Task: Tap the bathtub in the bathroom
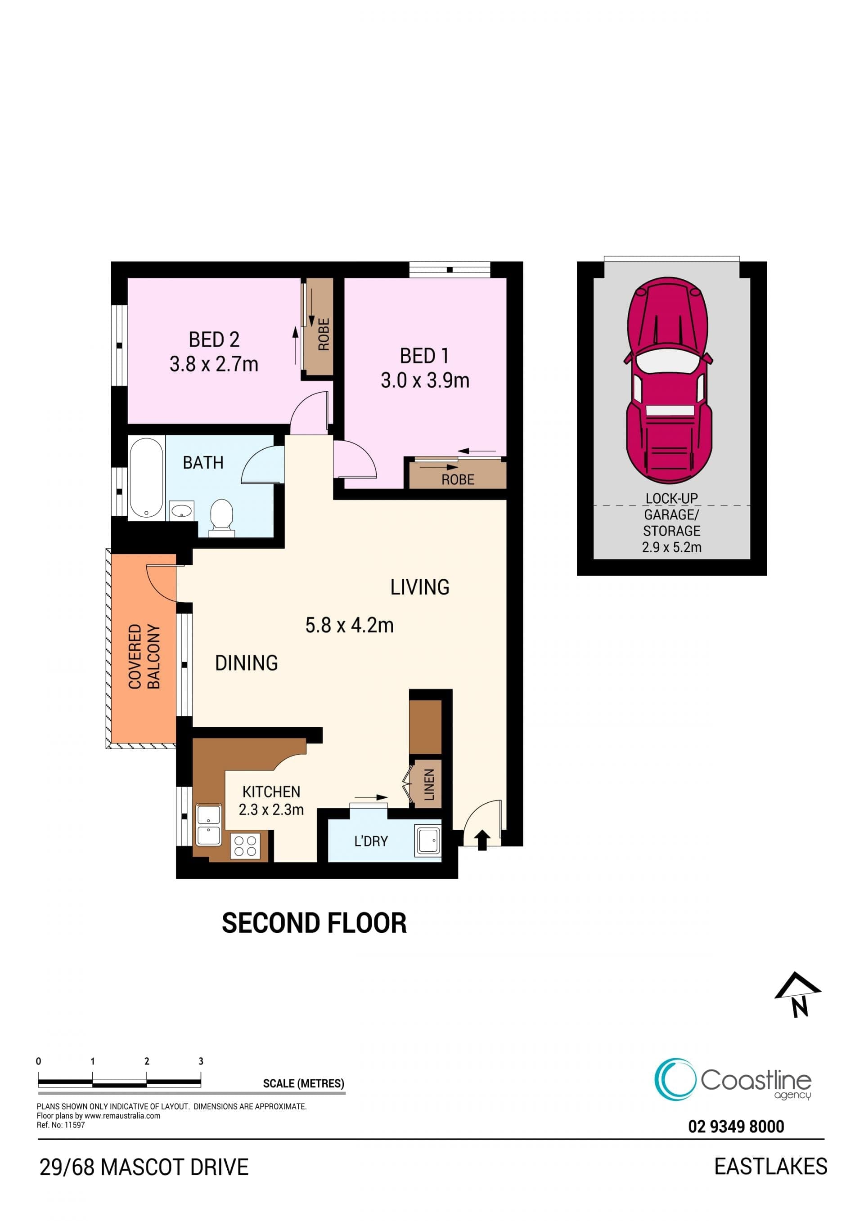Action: coord(146,477)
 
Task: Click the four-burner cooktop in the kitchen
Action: coord(245,846)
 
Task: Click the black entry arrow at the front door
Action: coord(482,840)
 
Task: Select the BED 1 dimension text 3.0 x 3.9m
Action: coord(425,380)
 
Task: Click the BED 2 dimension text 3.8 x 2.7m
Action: coord(214,364)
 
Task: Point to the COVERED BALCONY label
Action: coord(144,657)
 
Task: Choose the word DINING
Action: coord(246,663)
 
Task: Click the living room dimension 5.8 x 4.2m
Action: coord(350,626)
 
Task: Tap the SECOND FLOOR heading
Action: coord(314,923)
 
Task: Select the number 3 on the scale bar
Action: coord(201,1061)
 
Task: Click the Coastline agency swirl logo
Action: coord(675,1079)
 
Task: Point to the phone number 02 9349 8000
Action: coord(736,1127)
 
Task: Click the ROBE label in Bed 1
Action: coord(458,480)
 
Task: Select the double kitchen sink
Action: coord(208,825)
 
